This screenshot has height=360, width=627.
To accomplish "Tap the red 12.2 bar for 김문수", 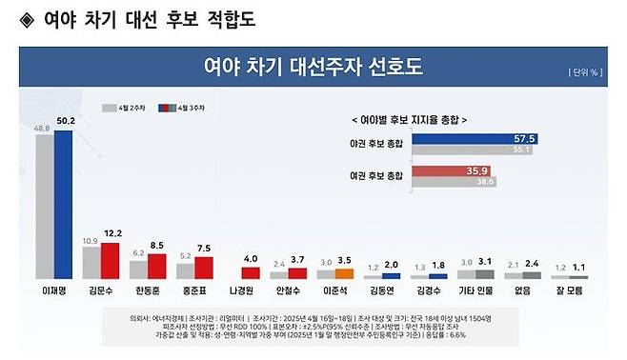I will tap(111, 259).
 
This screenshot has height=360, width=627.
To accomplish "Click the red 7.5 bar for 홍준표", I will tap(204, 267).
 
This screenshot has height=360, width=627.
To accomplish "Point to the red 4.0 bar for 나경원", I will tap(251, 272).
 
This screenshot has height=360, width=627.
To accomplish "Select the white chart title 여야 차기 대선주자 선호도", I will tap(313, 68).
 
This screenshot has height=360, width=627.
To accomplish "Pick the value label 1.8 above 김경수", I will tap(438, 266).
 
